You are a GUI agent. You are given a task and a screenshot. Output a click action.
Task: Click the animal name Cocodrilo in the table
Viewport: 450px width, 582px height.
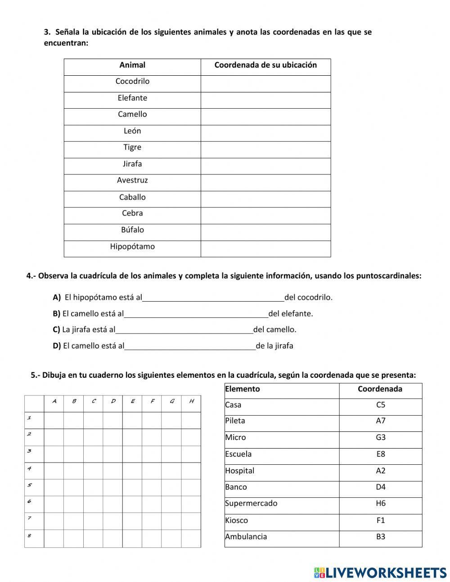point(132,82)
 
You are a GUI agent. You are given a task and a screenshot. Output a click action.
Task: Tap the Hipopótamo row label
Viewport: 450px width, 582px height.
point(132,247)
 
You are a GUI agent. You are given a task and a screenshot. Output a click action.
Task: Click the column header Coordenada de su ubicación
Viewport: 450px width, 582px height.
point(265,65)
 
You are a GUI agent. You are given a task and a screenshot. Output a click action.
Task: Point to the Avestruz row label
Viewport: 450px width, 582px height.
point(132,180)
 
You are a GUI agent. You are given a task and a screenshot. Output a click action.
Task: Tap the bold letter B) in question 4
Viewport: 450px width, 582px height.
point(56,314)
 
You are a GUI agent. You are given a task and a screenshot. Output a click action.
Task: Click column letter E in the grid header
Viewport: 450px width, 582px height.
point(132,401)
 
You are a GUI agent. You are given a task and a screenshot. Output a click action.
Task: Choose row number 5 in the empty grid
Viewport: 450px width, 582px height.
point(29,486)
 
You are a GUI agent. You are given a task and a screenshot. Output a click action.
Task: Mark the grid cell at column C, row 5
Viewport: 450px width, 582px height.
point(93,487)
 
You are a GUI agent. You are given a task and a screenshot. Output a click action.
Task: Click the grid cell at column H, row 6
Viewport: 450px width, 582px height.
point(191,504)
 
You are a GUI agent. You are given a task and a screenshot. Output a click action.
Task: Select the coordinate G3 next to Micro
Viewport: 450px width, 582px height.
point(381,438)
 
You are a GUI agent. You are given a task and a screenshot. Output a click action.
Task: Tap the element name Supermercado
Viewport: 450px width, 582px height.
point(251,504)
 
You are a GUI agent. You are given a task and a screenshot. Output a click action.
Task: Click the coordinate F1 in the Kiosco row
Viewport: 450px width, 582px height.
point(381,520)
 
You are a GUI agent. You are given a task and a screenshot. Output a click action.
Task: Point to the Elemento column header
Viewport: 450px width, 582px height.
point(243,389)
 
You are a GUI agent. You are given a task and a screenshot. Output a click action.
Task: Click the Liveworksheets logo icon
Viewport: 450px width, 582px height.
point(319,573)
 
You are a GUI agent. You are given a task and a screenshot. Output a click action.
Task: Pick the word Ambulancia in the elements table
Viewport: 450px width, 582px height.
point(246,536)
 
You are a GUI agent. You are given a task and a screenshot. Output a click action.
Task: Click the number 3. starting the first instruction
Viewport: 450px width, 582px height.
point(47,32)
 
